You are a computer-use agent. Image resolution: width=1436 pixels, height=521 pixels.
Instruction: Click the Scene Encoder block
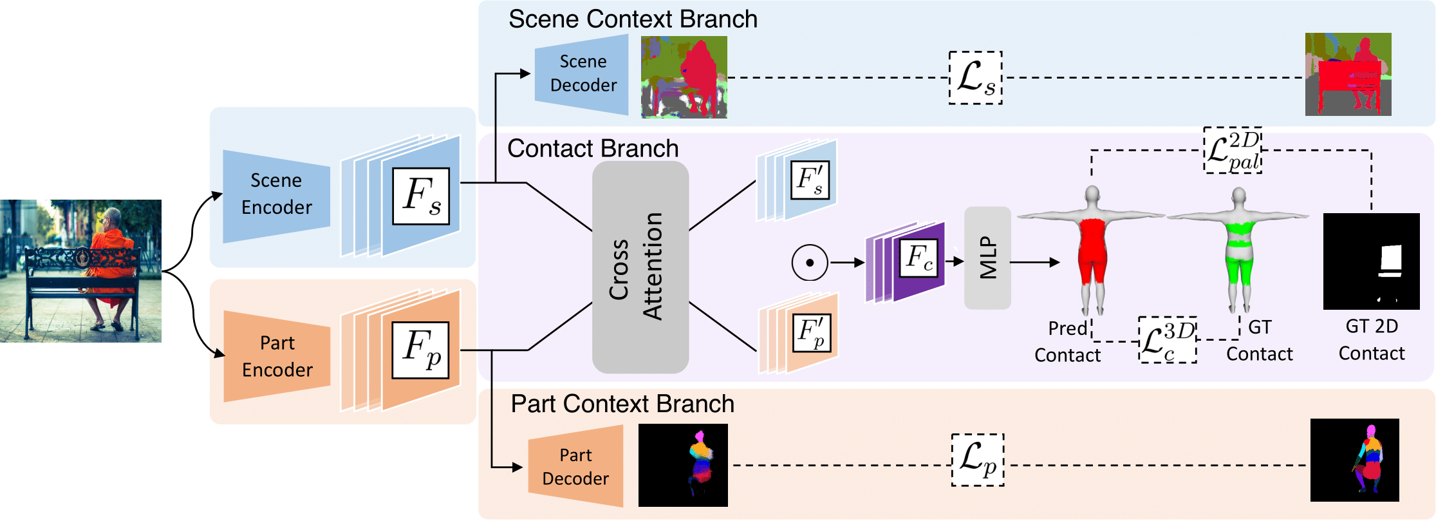(x=276, y=196)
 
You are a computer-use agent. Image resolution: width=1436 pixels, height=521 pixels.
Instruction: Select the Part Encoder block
(x=277, y=356)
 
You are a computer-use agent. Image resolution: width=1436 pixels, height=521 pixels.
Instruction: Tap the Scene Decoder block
(x=582, y=74)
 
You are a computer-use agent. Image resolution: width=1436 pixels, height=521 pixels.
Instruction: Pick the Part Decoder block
(x=575, y=466)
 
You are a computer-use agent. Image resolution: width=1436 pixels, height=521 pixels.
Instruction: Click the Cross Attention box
(x=640, y=267)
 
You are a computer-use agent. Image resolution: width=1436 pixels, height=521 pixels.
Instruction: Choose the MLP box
(x=987, y=258)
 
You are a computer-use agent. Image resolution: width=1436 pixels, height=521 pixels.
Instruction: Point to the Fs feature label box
(x=421, y=196)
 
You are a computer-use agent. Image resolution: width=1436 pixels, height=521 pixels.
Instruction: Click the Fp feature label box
(x=421, y=350)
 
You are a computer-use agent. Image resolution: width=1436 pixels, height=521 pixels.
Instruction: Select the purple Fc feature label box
(x=918, y=258)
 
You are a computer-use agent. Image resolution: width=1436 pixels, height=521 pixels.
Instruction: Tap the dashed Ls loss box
(x=976, y=78)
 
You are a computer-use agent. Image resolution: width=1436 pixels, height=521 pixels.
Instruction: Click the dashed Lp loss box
(x=978, y=460)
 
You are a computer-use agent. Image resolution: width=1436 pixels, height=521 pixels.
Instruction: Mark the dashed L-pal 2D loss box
(x=1233, y=150)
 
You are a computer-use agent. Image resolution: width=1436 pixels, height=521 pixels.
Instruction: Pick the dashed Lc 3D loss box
(x=1168, y=339)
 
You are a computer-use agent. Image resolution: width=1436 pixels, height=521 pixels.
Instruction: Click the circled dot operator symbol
(x=810, y=263)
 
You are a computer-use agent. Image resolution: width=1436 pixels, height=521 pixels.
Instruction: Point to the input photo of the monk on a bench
(x=80, y=270)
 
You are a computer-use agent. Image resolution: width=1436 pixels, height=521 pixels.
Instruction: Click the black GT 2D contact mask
(x=1371, y=261)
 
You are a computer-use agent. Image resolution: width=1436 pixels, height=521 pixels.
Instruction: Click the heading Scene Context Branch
(x=633, y=19)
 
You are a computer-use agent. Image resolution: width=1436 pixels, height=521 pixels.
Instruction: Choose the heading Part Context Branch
(x=622, y=404)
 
